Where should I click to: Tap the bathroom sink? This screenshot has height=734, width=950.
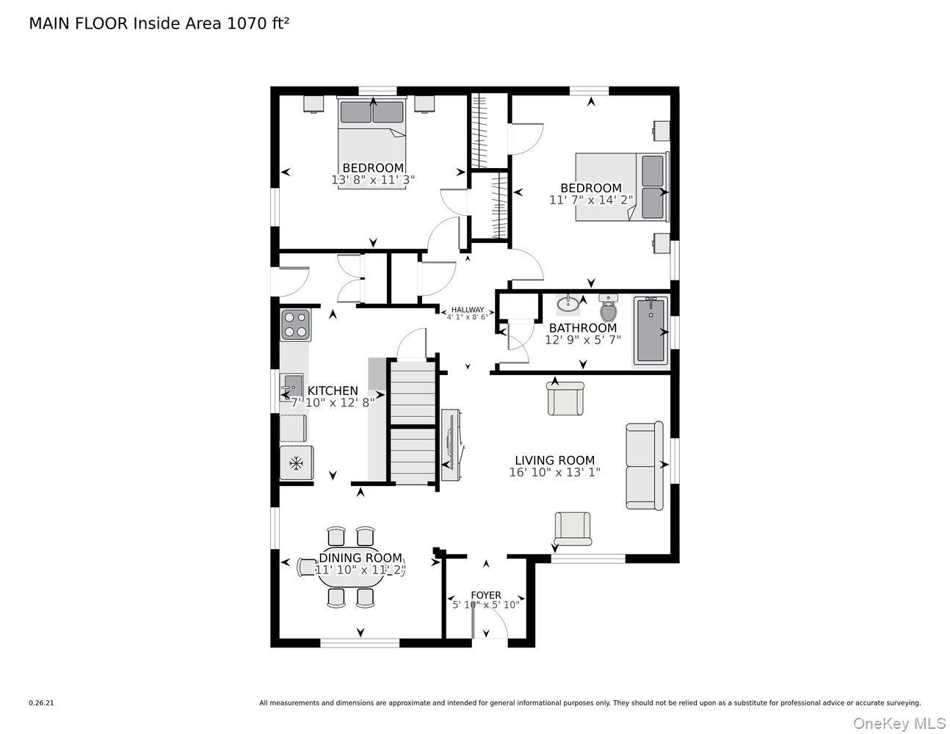[568, 304]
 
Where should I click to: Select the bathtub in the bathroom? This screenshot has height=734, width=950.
[650, 330]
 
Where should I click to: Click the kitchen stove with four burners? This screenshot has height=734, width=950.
[295, 324]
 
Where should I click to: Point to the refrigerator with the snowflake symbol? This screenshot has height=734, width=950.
[297, 463]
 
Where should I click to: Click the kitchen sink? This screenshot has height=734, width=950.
[291, 384]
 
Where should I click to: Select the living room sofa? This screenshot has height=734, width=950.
[644, 465]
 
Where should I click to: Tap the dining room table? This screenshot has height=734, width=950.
[351, 570]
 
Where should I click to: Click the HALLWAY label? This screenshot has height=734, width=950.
[468, 310]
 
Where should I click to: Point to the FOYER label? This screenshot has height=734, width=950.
[486, 595]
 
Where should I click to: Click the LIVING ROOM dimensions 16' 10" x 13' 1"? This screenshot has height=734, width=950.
[554, 473]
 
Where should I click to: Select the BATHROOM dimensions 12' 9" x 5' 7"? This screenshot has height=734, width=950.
[583, 340]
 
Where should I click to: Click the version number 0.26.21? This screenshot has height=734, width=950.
[41, 703]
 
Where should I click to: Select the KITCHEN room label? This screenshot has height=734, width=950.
[333, 391]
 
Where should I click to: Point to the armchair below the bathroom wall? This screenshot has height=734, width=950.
[565, 399]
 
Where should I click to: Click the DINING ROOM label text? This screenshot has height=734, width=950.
[360, 558]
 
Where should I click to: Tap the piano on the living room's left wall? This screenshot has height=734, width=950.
[450, 445]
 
